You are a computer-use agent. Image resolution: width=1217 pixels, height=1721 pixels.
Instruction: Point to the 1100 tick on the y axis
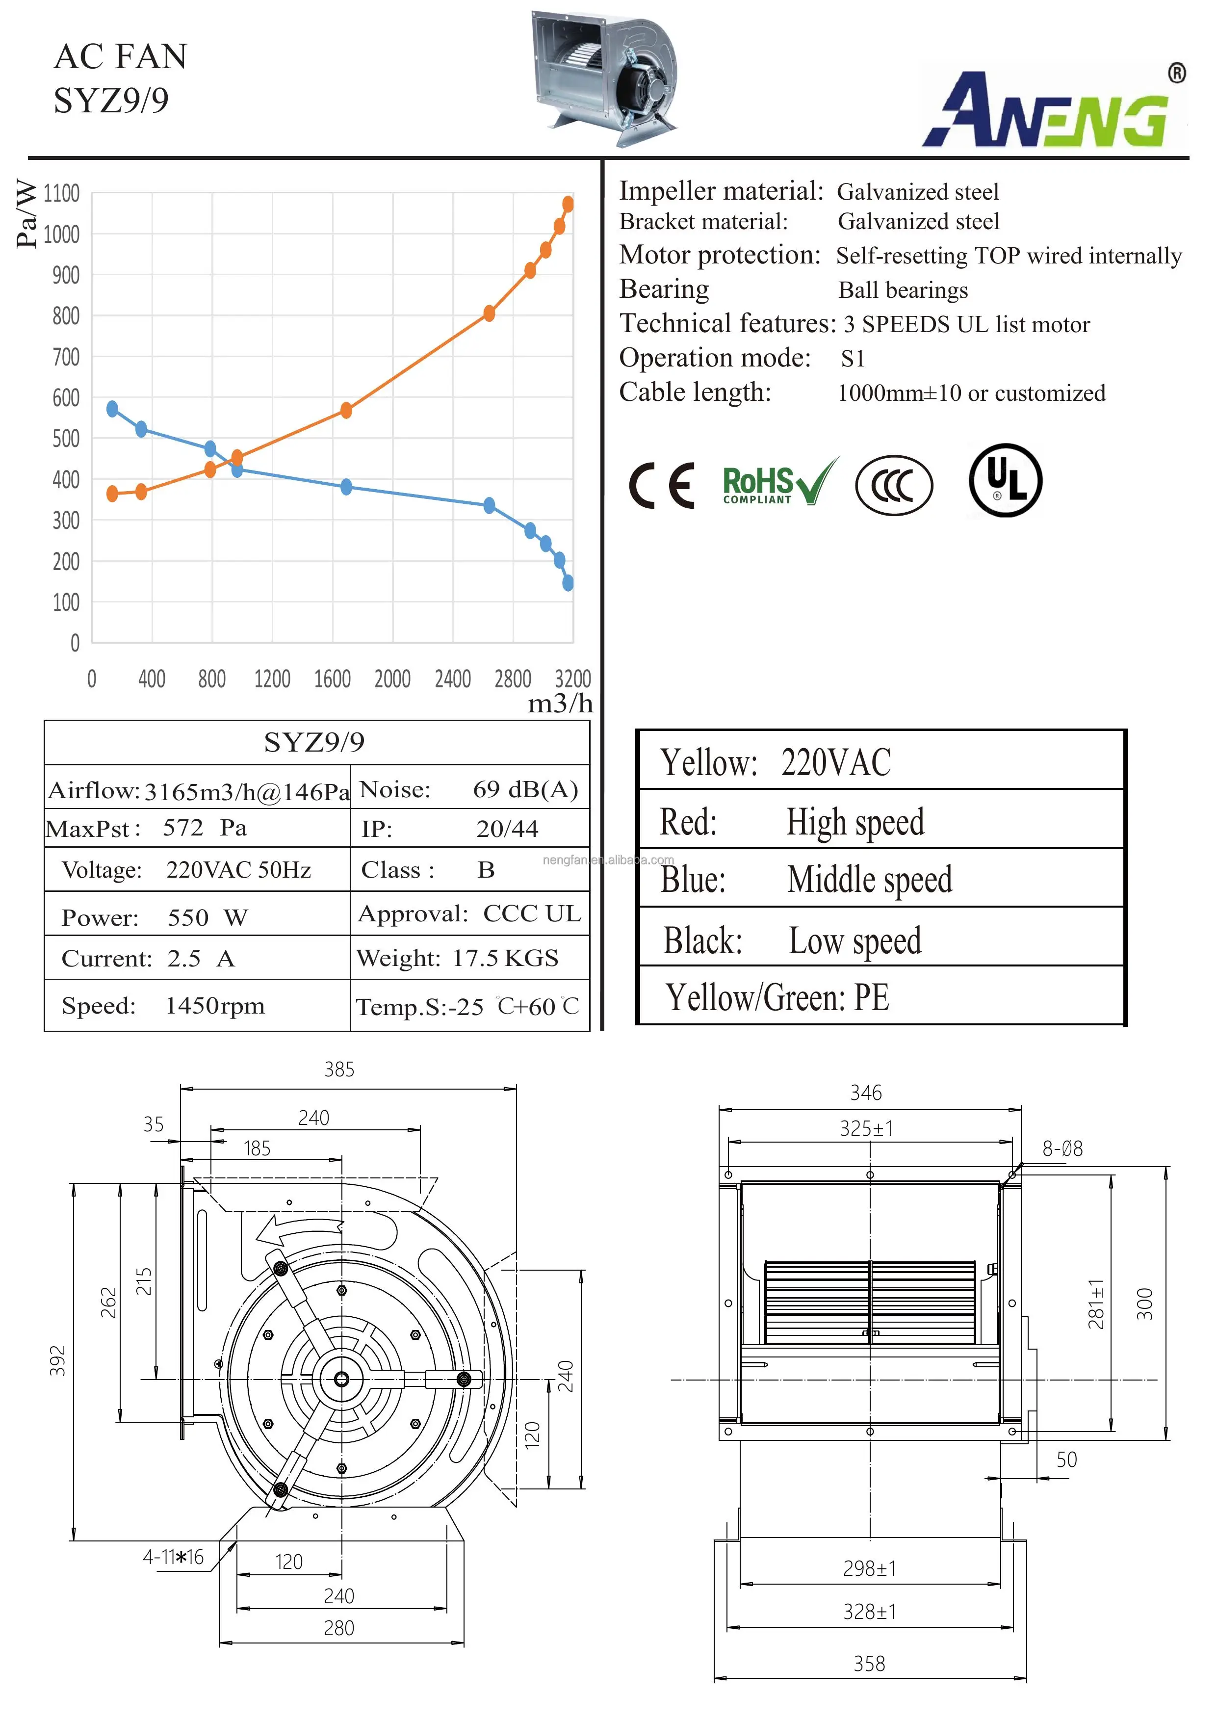(x=61, y=193)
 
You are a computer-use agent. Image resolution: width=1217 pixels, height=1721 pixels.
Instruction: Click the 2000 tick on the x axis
(x=392, y=679)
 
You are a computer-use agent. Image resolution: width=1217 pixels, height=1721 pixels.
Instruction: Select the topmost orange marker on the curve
(x=568, y=204)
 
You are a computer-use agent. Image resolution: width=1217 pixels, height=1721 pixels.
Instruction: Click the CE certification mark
(x=662, y=486)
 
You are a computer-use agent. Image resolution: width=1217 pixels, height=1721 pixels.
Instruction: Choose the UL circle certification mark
(x=1005, y=480)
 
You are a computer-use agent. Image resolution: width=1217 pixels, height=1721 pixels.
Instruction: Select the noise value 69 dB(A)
(x=524, y=789)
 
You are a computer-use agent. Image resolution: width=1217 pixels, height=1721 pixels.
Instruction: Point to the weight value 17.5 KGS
(x=505, y=958)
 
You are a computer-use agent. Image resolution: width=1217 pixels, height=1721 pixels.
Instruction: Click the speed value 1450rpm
(x=215, y=1006)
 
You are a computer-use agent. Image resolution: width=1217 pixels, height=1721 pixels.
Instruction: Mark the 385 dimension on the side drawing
(x=339, y=1069)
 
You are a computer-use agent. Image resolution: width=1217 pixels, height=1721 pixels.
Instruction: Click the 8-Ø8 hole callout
(x=1062, y=1149)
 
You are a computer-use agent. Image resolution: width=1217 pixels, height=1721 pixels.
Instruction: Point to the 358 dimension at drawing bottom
(x=869, y=1664)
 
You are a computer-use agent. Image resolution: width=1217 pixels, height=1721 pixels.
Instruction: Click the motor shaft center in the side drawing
(x=342, y=1379)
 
